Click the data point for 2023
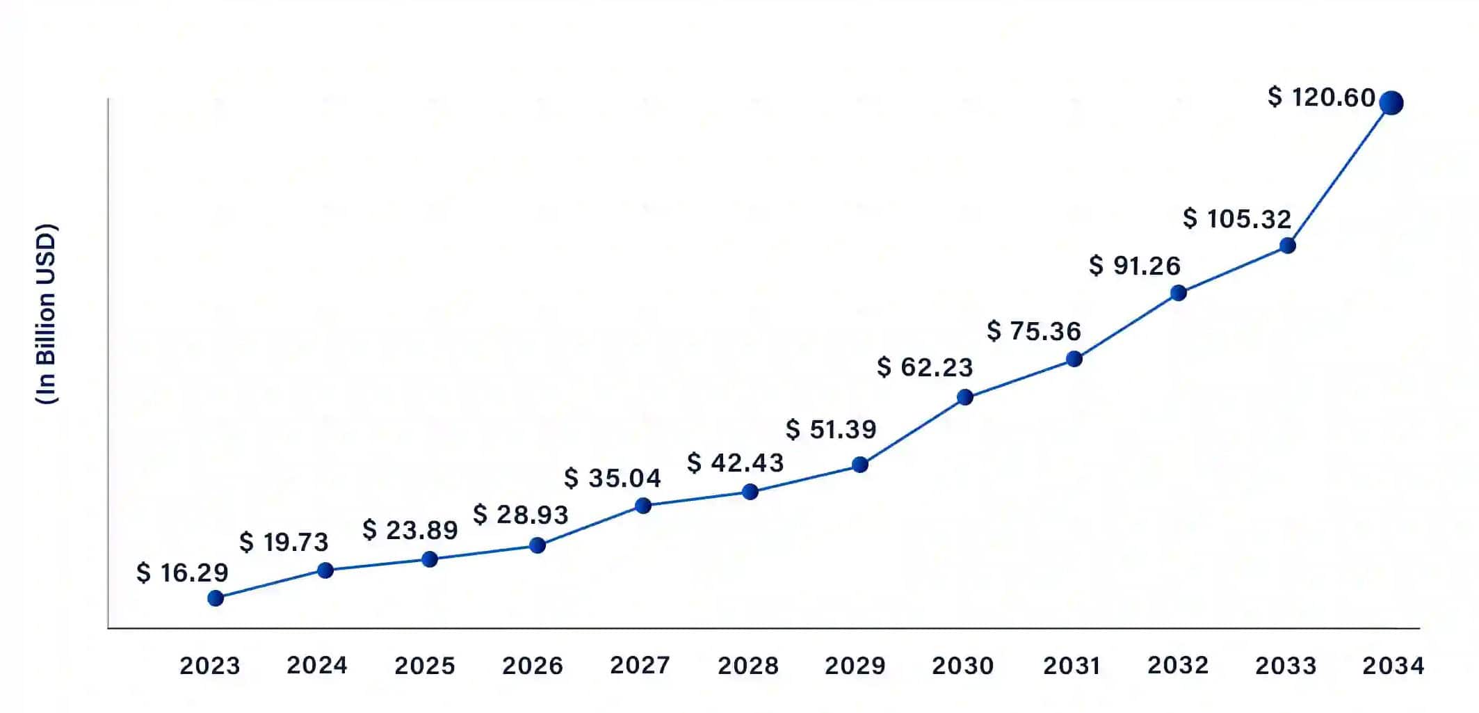216,598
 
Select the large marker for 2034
1391,103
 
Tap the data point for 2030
965,397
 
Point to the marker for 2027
643,506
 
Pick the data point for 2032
1178,293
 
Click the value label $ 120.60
1321,97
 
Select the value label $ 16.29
182,572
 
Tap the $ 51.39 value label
831,429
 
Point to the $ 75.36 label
1034,331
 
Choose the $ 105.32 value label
1237,218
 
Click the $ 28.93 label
521,515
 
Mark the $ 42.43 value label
736,463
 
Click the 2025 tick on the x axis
425,666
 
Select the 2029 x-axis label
855,666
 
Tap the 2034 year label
1393,666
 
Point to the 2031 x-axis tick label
1072,666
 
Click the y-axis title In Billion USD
46,314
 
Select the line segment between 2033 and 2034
1339,175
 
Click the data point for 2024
325,570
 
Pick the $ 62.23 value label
925,367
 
